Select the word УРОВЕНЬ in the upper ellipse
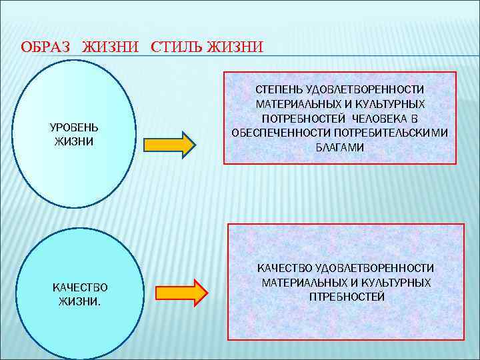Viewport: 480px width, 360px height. point(74,127)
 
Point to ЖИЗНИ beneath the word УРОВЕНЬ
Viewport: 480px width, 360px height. point(74,141)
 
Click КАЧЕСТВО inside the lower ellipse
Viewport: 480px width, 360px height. point(80,287)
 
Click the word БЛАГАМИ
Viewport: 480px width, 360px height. point(339,147)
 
